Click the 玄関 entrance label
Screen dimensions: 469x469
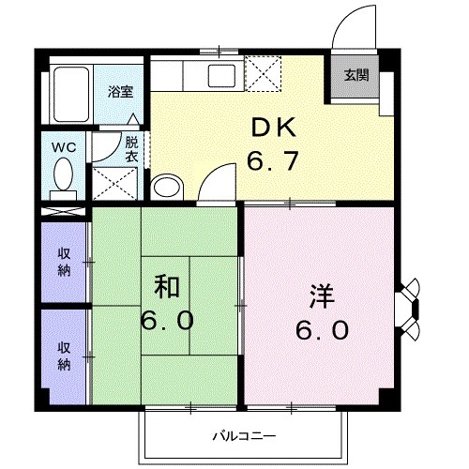355,75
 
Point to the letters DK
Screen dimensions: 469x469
272,129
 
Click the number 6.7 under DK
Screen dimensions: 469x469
273,161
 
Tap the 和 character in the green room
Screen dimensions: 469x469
168,284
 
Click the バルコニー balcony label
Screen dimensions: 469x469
242,436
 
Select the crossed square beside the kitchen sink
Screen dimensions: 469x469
263,72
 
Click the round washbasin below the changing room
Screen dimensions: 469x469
167,186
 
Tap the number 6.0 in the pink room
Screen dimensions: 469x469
325,330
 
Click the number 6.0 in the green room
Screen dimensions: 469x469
168,320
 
